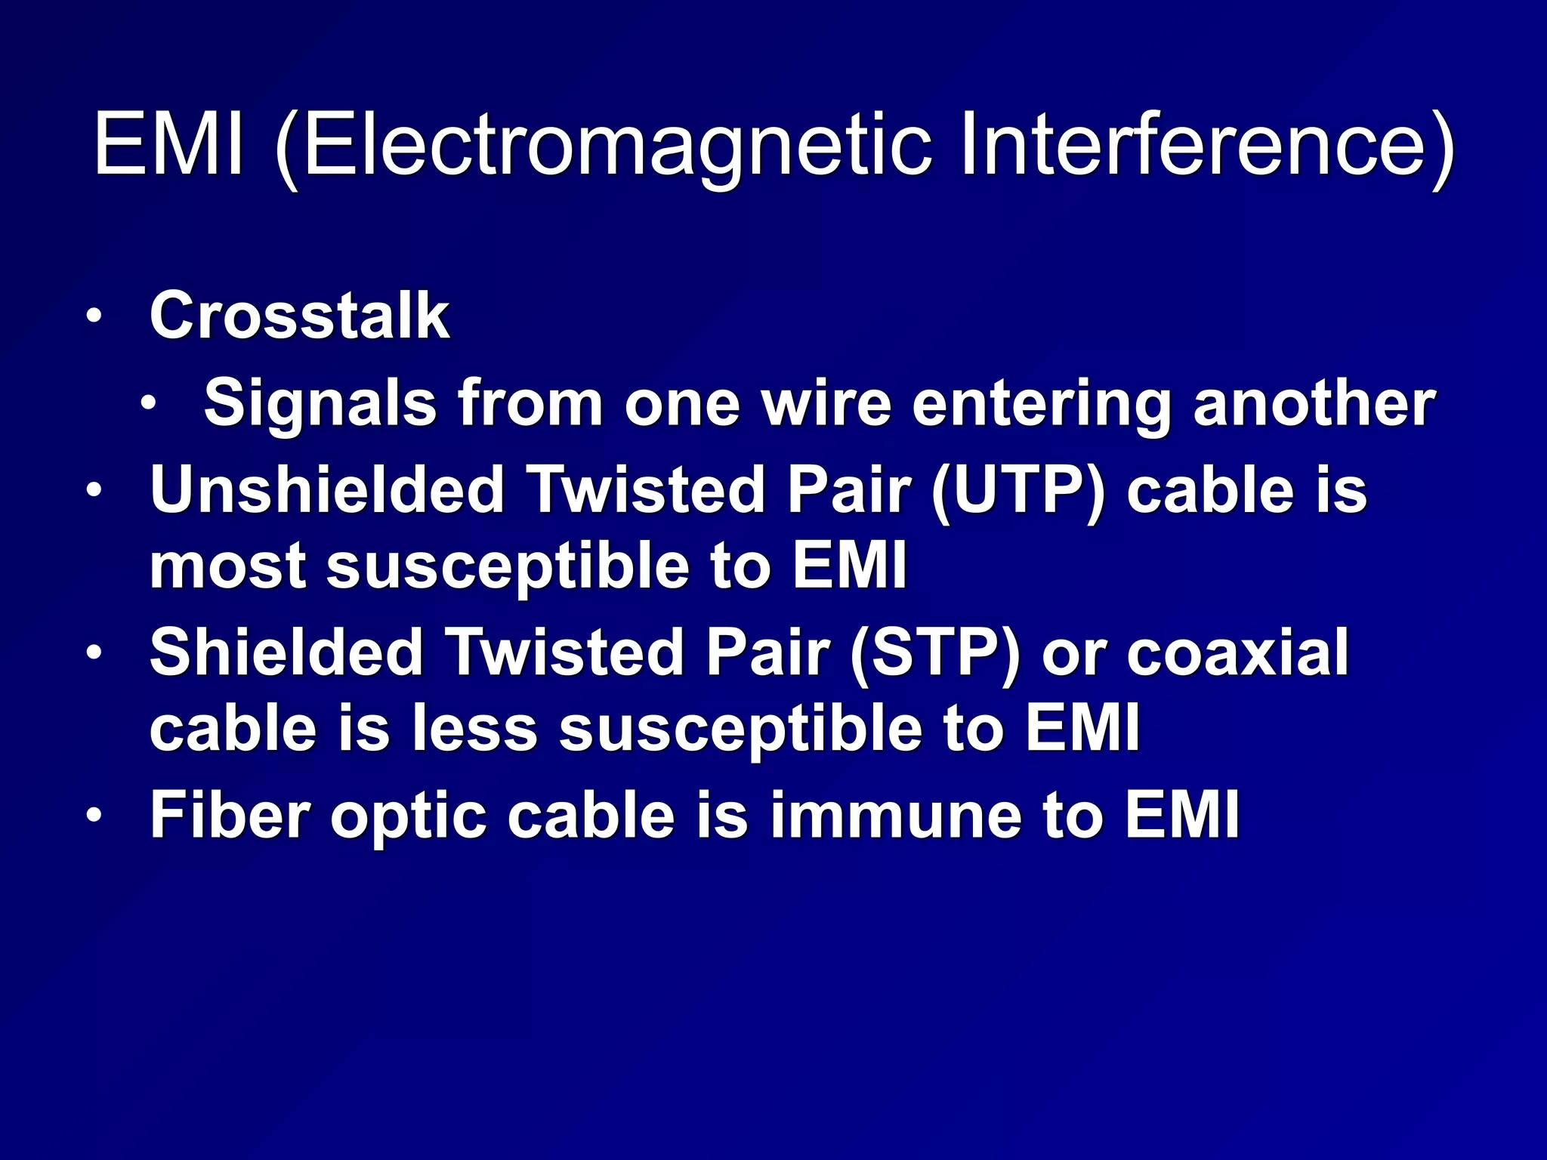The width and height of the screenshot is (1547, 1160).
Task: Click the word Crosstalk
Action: [x=300, y=316]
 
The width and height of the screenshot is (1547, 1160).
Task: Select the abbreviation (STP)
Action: [x=935, y=653]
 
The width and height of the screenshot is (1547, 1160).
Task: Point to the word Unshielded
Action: [x=327, y=491]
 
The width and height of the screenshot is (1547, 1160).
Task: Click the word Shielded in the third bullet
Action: [x=286, y=653]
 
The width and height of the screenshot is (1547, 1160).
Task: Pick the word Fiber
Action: [x=230, y=816]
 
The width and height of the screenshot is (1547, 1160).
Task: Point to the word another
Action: [x=1314, y=404]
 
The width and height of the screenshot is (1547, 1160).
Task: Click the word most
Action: [x=227, y=568]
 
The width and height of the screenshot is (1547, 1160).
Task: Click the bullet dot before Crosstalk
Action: [x=93, y=317]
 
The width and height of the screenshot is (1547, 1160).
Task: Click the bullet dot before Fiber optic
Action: [x=93, y=816]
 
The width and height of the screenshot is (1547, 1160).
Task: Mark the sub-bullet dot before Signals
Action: [x=148, y=404]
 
